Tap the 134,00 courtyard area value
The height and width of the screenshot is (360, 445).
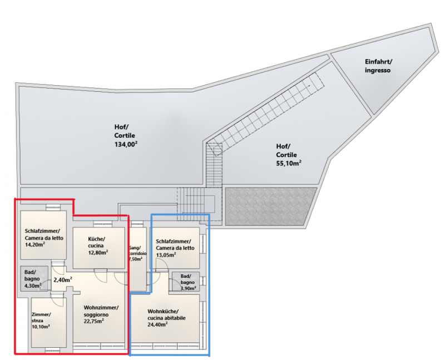pos(126,144)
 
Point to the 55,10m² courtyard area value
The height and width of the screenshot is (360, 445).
pos(289,163)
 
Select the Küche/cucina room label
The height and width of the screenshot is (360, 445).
pos(96,242)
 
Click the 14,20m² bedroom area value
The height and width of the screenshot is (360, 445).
pos(35,244)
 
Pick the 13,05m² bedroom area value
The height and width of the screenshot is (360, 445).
pos(166,255)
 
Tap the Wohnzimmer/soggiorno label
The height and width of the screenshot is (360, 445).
pos(101,311)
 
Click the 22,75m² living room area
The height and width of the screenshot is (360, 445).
pos(93,321)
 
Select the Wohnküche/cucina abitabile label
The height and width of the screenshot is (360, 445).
pos(166,314)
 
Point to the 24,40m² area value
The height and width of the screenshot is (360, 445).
pos(157,324)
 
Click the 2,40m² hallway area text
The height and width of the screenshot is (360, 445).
pos(63,280)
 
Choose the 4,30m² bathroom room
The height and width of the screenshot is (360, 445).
pos(34,279)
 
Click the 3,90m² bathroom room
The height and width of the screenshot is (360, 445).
pos(186,282)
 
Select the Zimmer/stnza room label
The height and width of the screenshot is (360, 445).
pos(41,317)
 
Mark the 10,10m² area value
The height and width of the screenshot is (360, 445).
pos(41,327)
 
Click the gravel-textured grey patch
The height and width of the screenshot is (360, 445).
pos(271,206)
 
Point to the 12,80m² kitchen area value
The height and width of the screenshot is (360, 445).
pos(98,252)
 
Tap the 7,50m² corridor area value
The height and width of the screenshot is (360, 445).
pos(136,259)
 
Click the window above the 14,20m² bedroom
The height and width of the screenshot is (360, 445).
pos(53,208)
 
